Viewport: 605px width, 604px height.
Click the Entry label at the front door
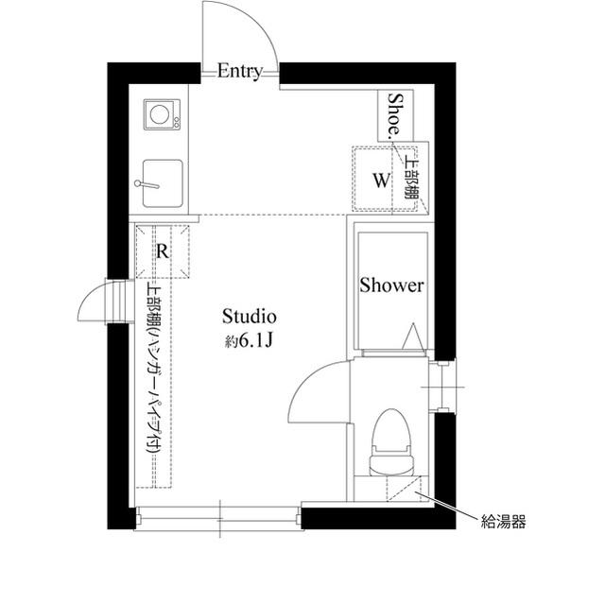click(x=239, y=71)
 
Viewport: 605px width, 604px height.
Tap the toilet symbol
click(x=391, y=442)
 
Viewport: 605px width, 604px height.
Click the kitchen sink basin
click(x=163, y=183)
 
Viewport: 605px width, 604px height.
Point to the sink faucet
click(x=147, y=184)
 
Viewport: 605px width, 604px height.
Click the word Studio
click(x=250, y=317)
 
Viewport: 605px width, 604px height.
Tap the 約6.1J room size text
click(x=250, y=341)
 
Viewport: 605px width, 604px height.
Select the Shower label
click(x=391, y=285)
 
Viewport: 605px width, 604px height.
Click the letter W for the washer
click(x=381, y=181)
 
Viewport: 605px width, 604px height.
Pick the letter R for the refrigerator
click(x=163, y=251)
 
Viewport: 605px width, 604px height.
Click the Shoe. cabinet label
click(x=395, y=115)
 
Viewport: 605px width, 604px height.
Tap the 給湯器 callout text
click(x=504, y=522)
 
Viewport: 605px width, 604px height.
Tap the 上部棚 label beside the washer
click(x=410, y=179)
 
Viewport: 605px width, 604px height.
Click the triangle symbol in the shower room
click(x=413, y=337)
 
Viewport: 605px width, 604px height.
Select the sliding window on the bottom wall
click(x=218, y=519)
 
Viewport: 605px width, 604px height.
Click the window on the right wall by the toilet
click(x=444, y=387)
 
